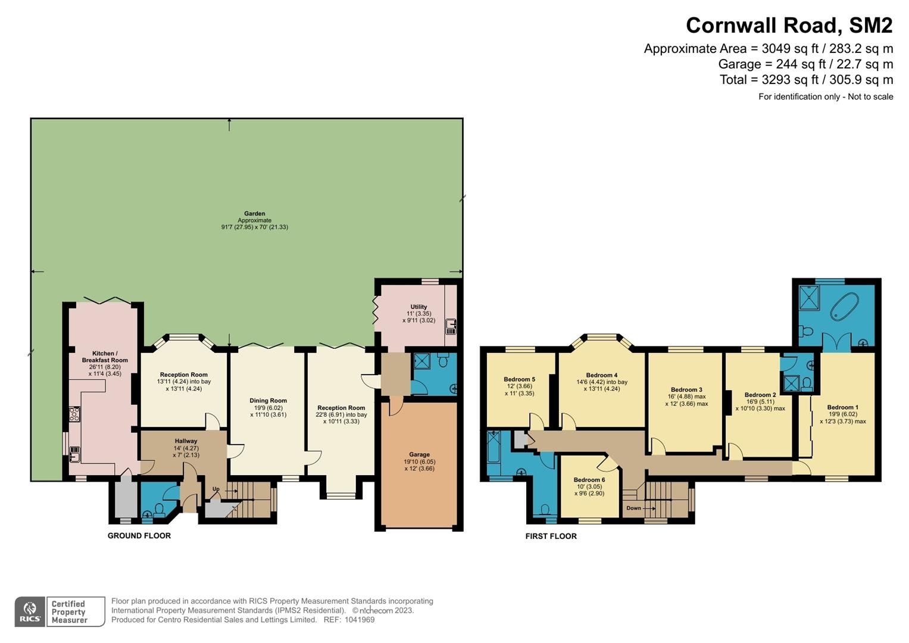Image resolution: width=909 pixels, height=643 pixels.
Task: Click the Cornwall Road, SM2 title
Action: [789, 26]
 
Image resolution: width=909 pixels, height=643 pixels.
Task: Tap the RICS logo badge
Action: [30, 611]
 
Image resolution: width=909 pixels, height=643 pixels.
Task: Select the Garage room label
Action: [419, 455]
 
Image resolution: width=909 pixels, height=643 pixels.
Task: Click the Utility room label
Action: [419, 307]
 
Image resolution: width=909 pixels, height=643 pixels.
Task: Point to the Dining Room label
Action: [268, 401]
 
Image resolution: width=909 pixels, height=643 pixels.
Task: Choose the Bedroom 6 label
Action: [589, 480]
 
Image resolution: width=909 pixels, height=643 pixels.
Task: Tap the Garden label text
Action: [254, 214]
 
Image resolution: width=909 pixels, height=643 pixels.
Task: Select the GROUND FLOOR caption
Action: [139, 536]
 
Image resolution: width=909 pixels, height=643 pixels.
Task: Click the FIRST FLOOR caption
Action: [551, 536]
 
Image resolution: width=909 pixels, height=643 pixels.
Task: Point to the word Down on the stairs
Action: [633, 508]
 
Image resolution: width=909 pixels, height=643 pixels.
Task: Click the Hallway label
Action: [186, 441]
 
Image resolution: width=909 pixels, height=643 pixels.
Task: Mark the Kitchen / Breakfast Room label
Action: [105, 357]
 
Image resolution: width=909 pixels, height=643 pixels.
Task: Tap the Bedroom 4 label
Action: [602, 375]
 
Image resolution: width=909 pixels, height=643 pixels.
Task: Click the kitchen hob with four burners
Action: [74, 414]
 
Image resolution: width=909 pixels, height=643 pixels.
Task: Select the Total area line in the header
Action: [807, 80]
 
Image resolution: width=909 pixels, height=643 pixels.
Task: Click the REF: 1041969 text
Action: [349, 620]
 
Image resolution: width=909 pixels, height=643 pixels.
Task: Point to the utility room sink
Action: [451, 327]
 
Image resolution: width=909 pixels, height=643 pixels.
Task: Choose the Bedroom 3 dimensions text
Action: [686, 400]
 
